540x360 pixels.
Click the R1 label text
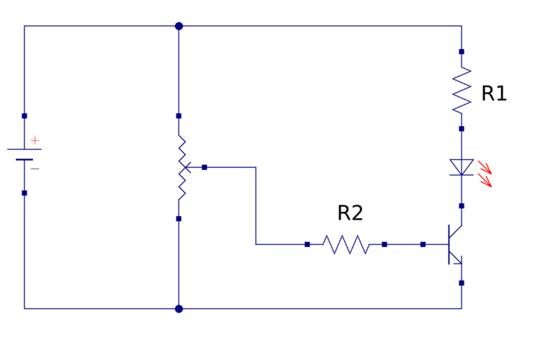pyautogui.click(x=494, y=94)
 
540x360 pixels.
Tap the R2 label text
pyautogui.click(x=350, y=213)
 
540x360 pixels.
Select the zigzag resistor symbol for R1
pyautogui.click(x=462, y=90)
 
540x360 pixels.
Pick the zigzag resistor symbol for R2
pyautogui.click(x=346, y=245)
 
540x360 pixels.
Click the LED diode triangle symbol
pyautogui.click(x=462, y=167)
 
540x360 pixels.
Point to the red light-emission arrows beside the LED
pyautogui.click(x=485, y=174)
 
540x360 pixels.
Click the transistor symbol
pyautogui.click(x=454, y=245)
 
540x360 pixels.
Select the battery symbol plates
pyautogui.click(x=24, y=154)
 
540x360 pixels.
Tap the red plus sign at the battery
pyautogui.click(x=35, y=140)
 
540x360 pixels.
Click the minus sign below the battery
pyautogui.click(x=35, y=169)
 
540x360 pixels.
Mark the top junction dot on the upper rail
pyautogui.click(x=179, y=26)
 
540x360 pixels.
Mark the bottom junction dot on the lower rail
pyautogui.click(x=179, y=309)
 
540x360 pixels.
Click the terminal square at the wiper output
pyautogui.click(x=204, y=167)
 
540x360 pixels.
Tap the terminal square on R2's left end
pyautogui.click(x=307, y=245)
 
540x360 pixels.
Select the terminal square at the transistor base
pyautogui.click(x=423, y=245)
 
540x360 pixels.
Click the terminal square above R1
pyautogui.click(x=462, y=52)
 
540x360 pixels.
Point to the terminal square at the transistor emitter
pyautogui.click(x=462, y=283)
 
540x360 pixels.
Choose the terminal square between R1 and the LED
pyautogui.click(x=462, y=129)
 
